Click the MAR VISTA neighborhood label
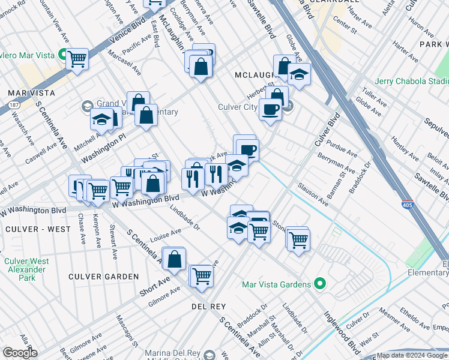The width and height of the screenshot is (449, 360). (31, 93)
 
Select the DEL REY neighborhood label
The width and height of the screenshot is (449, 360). (208, 307)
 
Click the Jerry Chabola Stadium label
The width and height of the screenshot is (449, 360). (412, 82)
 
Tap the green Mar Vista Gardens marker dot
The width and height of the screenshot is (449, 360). (320, 284)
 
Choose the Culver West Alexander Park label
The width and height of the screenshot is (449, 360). (26, 269)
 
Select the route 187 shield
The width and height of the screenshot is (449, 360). (13, 105)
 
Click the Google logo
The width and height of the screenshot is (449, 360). (20, 352)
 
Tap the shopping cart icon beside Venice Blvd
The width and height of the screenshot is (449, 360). (77, 59)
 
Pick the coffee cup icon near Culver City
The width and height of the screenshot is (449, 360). (270, 110)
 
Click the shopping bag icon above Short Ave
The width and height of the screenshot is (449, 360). (174, 259)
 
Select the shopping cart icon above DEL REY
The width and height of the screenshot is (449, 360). (202, 276)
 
